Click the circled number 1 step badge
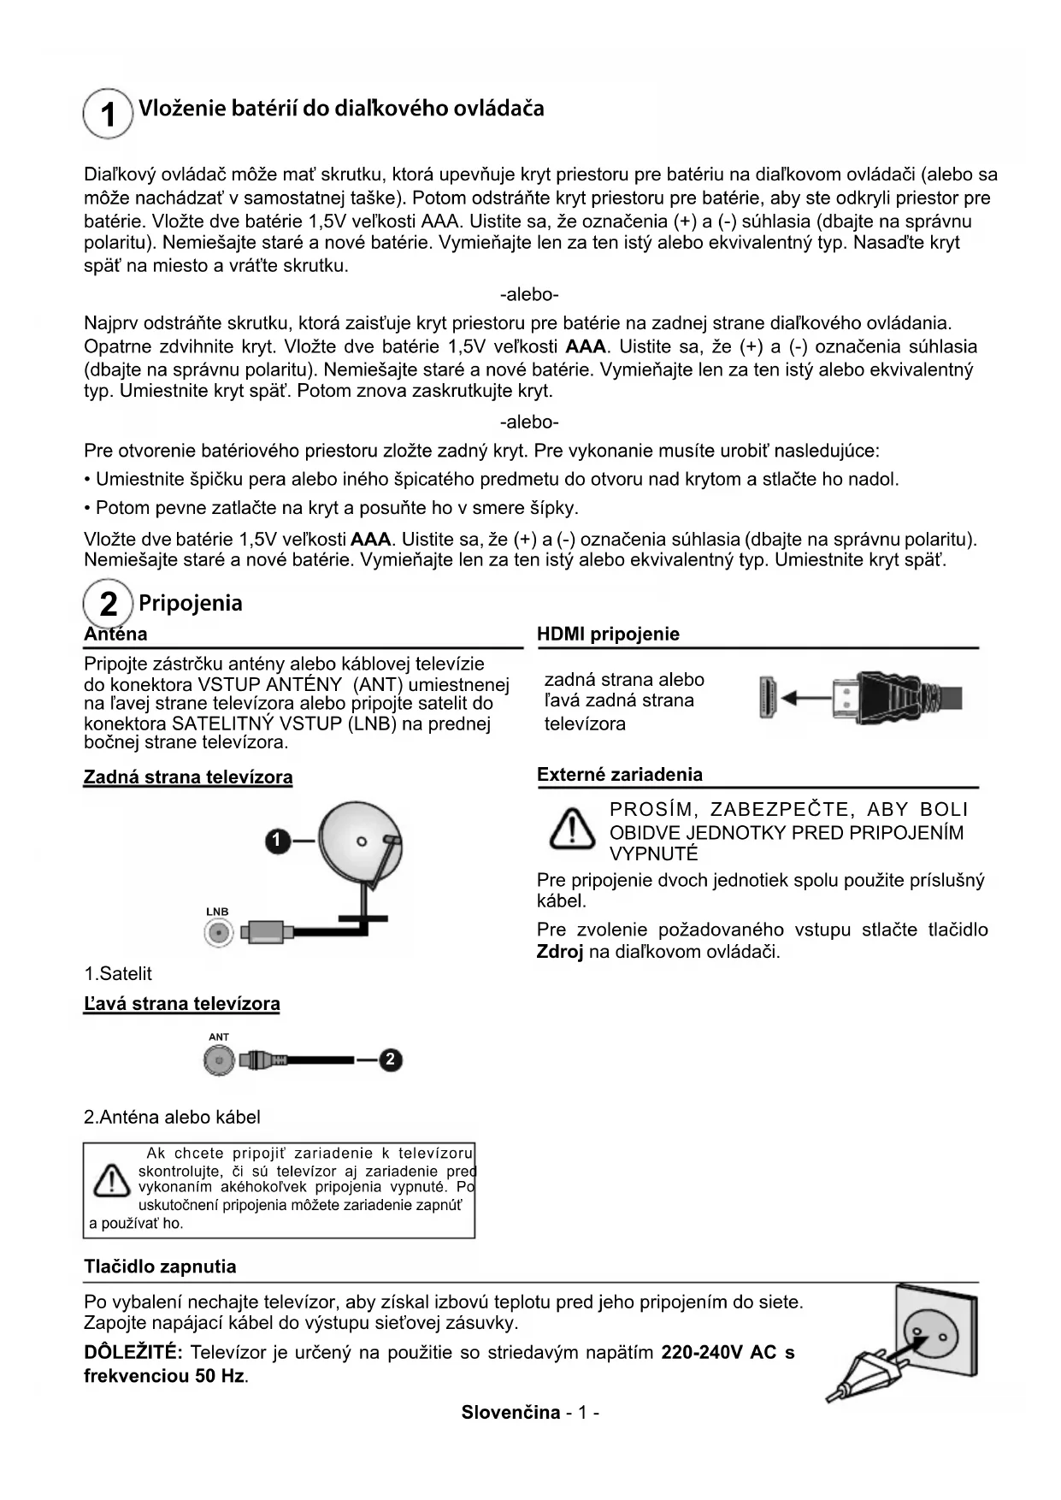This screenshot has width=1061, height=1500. click(108, 114)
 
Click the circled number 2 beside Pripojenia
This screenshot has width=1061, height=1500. click(109, 604)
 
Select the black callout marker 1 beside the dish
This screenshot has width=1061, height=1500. click(276, 842)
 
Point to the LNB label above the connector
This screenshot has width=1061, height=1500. click(217, 912)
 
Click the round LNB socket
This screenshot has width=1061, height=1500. click(219, 933)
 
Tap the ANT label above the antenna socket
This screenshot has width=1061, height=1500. click(219, 1036)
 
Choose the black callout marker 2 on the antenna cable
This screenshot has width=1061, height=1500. click(390, 1060)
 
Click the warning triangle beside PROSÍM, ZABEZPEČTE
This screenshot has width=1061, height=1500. click(572, 829)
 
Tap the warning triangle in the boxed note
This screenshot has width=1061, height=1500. click(112, 1181)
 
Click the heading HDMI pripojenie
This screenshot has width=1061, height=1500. click(608, 634)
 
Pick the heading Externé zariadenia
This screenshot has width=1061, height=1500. click(619, 775)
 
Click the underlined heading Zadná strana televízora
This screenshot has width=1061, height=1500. click(188, 777)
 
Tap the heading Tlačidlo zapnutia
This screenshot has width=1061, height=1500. click(160, 1267)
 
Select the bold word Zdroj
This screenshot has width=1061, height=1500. click(559, 952)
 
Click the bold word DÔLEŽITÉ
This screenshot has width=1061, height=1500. click(133, 1352)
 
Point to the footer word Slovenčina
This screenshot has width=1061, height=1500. click(510, 1412)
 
